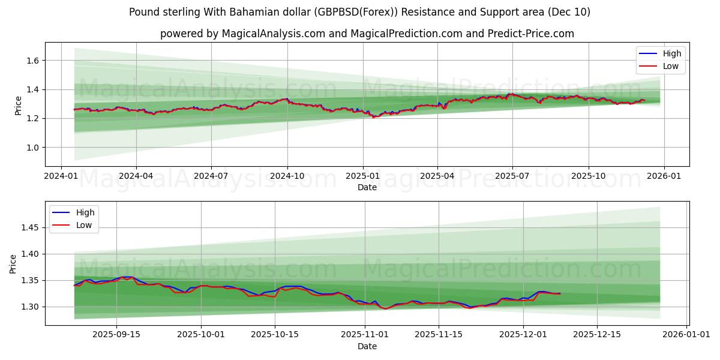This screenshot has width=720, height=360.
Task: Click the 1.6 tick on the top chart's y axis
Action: [x=32, y=61]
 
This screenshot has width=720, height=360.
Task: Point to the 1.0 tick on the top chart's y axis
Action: [x=32, y=148]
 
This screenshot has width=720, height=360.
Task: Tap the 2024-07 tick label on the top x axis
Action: [x=211, y=176]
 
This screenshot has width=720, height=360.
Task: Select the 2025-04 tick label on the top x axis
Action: [x=437, y=176]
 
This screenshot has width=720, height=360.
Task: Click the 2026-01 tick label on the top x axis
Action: [x=664, y=176]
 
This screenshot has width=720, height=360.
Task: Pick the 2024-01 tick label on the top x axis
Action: [x=61, y=176]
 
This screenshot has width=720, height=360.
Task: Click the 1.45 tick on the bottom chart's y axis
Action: [x=29, y=228]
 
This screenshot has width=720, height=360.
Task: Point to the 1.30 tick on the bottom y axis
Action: [x=29, y=307]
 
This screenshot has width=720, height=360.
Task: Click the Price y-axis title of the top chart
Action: [x=19, y=106]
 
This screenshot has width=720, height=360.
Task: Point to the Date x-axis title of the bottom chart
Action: [x=367, y=346]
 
